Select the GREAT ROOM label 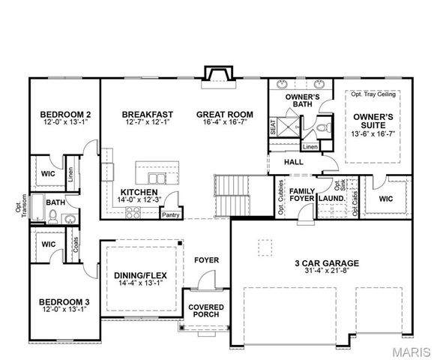pos(224,115)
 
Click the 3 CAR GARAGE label pos(325,263)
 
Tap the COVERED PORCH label pos(205,310)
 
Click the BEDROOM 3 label pos(64,302)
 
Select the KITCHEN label pos(139,193)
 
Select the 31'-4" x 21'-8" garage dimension pos(325,271)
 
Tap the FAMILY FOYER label pos(302,195)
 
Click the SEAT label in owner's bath pos(273,126)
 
